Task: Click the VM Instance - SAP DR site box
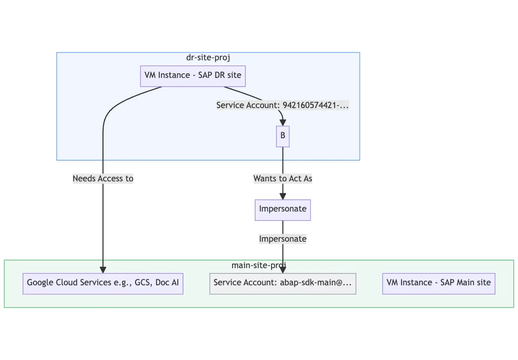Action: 193,75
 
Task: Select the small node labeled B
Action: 283,136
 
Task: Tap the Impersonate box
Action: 283,210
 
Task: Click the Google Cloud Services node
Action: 103,283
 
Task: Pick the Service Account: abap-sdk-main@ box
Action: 283,283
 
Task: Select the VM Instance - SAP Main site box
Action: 439,283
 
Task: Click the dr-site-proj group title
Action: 208,58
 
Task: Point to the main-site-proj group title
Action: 259,265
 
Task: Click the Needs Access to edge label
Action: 103,179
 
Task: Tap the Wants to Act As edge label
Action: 283,179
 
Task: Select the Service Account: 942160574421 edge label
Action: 282,105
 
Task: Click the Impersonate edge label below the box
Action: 283,239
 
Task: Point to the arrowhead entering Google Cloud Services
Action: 103,270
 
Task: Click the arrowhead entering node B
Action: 282,122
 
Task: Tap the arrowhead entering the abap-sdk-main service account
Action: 283,270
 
